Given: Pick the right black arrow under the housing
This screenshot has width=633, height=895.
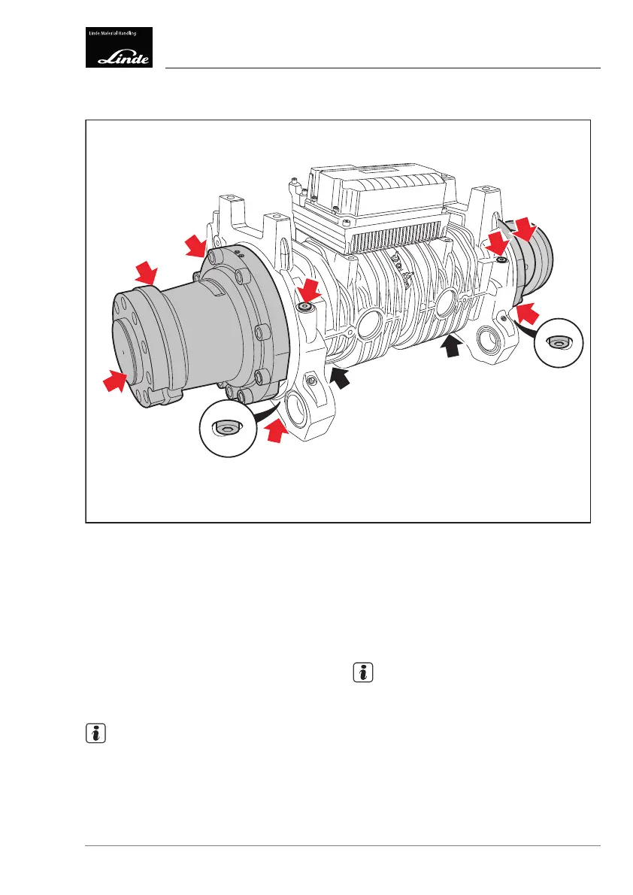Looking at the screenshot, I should point(451,346).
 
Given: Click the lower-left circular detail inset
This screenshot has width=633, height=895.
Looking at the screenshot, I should point(223,429).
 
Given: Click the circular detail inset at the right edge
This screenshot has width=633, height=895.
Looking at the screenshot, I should point(558,341).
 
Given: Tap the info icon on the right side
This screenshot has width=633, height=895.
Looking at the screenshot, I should point(363,673).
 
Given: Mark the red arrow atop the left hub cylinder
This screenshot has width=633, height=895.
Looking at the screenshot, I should point(144,273).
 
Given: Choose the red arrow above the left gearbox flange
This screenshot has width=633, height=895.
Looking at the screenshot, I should point(196,244).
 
